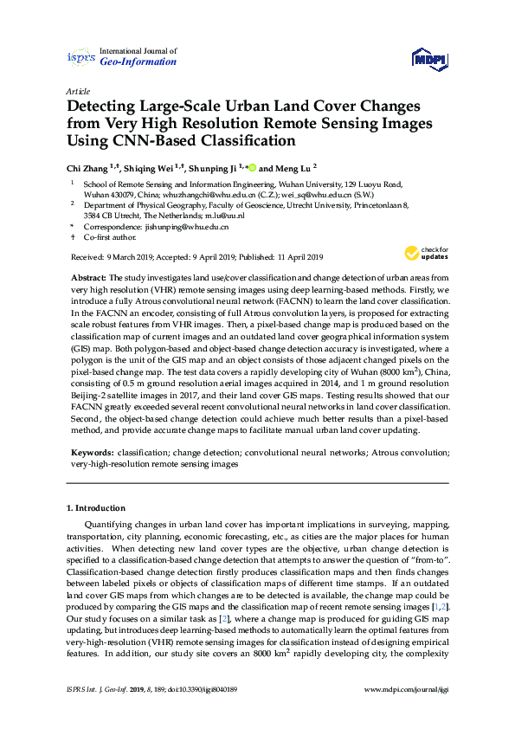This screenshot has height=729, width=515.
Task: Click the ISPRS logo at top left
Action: (x=80, y=57)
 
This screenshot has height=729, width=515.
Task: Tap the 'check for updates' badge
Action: (x=427, y=254)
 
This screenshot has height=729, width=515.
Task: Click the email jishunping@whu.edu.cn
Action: (x=185, y=226)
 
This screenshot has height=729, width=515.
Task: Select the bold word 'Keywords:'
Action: (x=92, y=453)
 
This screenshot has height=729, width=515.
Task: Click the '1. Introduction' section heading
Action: (x=96, y=507)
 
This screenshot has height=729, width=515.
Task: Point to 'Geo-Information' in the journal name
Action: (x=138, y=62)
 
